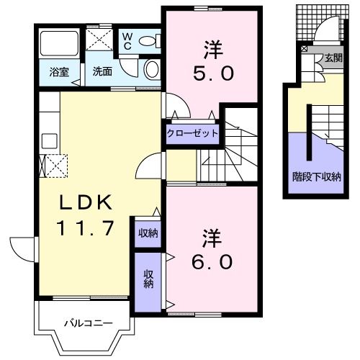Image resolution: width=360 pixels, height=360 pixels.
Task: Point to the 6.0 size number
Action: pyautogui.click(x=211, y=261)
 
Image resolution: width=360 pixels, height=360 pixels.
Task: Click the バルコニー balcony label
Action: pyautogui.click(x=86, y=323)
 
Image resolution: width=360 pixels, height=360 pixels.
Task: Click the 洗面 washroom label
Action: pyautogui.click(x=100, y=73)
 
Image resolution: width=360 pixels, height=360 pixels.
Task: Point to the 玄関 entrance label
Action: pyautogui.click(x=332, y=58)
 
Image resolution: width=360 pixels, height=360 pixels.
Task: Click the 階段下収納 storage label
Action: pyautogui.click(x=316, y=176)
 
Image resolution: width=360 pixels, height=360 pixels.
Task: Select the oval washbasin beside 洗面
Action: pyautogui.click(x=152, y=68)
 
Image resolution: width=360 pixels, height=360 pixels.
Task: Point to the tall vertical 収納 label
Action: pyautogui.click(x=148, y=279)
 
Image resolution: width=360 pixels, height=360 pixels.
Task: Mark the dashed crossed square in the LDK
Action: pyautogui.click(x=55, y=166)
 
